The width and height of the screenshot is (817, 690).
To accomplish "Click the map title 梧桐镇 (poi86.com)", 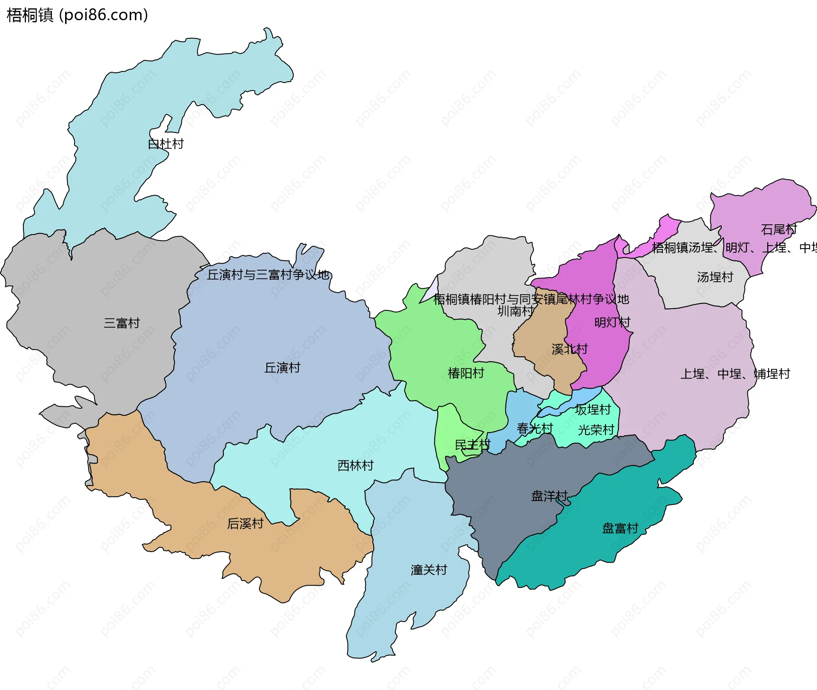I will point(77,15).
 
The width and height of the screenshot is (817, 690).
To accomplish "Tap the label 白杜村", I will point(166,144).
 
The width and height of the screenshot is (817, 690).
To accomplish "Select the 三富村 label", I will point(122,323).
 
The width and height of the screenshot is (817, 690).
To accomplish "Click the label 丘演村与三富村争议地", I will point(268,275).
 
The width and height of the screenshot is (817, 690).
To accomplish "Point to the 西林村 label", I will point(355,465).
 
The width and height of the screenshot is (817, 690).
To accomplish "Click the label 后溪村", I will point(245,523).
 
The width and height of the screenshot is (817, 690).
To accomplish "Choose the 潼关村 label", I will point(429,570).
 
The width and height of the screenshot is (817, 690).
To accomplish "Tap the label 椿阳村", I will point(466,373).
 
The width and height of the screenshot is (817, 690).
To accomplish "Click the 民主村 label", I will point(472,445).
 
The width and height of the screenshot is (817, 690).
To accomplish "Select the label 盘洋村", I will point(549,496).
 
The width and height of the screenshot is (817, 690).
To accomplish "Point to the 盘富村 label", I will point(620,528).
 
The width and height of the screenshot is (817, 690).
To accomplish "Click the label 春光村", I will point(535,428).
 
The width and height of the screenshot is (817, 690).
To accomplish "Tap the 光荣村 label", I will point(596,430).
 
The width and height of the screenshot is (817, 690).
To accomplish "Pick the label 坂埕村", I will point(593,409).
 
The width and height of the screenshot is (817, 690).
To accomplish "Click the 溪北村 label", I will point(570,349).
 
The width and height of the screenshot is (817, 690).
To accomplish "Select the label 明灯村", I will point(612,322).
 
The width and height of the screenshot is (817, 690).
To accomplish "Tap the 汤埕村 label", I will point(715,277).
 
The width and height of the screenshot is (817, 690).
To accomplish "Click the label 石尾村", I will point(779,229).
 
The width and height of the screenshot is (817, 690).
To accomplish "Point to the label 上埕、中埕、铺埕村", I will point(735,374).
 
